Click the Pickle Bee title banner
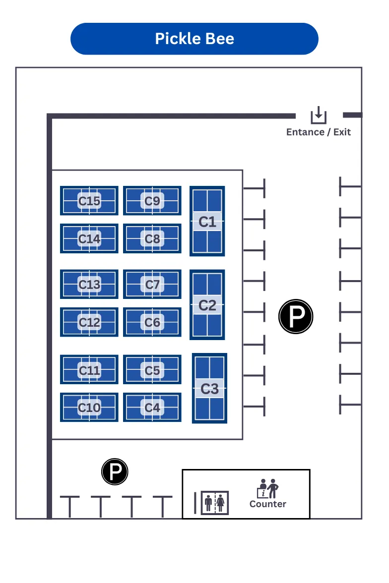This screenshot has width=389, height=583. (x=194, y=39)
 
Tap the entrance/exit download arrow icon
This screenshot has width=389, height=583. (x=319, y=115)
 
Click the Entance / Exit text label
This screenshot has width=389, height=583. (x=318, y=132)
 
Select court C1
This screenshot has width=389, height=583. (x=207, y=221)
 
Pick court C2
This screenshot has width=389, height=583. (x=207, y=305)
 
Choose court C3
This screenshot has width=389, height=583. (x=209, y=388)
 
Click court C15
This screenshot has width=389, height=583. (x=89, y=201)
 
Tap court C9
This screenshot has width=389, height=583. (x=152, y=201)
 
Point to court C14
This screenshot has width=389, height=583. (x=89, y=238)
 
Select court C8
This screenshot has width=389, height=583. (x=152, y=238)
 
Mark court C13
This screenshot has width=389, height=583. (x=89, y=285)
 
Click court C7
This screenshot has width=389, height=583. (x=152, y=285)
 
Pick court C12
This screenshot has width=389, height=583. (x=89, y=322)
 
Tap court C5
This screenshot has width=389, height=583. (x=152, y=370)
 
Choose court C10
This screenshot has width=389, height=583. (x=89, y=407)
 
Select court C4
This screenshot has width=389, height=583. (x=152, y=407)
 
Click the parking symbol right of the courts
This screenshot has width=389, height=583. (x=296, y=316)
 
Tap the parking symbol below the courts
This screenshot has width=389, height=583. (x=115, y=471)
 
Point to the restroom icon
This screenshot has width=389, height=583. (x=215, y=503)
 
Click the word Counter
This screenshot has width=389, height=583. (x=267, y=504)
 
